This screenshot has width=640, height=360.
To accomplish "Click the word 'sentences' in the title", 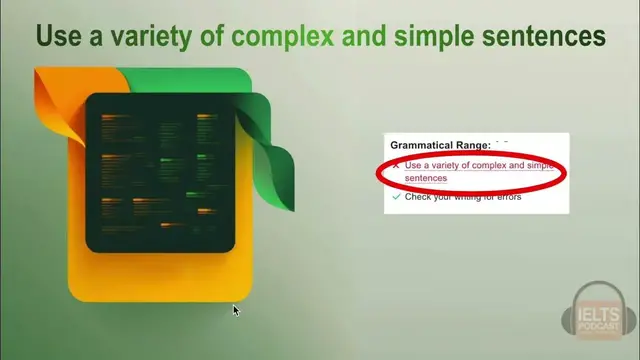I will click(x=543, y=37).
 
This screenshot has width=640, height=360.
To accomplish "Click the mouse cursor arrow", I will click(x=236, y=311).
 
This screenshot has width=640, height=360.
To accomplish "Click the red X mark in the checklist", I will click(x=396, y=165).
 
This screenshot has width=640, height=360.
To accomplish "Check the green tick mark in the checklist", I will click(x=396, y=197).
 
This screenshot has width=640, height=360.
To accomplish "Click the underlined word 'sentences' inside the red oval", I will click(x=426, y=178).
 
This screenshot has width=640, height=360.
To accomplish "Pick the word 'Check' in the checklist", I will click(x=418, y=197).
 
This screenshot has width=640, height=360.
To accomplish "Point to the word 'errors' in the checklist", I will click(x=507, y=197).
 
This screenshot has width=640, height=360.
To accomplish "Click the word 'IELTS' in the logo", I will click(x=599, y=316).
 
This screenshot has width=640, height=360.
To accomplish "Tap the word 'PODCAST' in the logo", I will click(x=599, y=329).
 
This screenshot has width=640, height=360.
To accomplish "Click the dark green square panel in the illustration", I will click(x=160, y=170).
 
